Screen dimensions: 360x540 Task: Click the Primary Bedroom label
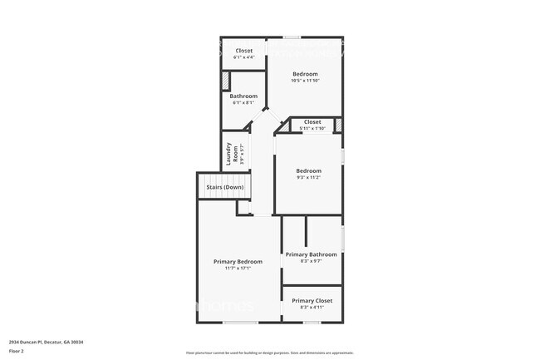[x=238, y=261]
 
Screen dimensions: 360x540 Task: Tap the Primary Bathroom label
[x=311, y=254]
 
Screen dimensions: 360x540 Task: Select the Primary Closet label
[x=312, y=300]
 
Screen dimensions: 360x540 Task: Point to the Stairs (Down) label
[x=225, y=188]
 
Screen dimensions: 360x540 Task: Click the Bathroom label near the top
[x=243, y=96]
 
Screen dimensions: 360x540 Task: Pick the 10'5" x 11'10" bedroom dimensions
[x=304, y=81]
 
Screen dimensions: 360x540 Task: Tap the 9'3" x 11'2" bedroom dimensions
[x=308, y=177]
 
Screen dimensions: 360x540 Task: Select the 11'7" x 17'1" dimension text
[x=238, y=268]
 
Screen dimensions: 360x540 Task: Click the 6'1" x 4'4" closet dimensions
[x=243, y=57]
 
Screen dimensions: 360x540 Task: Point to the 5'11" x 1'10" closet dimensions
[x=312, y=128]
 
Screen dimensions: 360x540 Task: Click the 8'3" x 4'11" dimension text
[x=312, y=307]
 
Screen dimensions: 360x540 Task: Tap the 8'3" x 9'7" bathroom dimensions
[x=311, y=260]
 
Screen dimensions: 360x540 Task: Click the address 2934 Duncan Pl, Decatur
[x=47, y=342]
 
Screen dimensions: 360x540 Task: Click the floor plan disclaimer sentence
[x=270, y=353]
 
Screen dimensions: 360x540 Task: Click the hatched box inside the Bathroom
[x=224, y=81]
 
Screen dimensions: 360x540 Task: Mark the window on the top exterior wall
[x=292, y=37]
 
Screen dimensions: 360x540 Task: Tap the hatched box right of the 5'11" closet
[x=337, y=126]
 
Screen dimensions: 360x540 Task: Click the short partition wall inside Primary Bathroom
[x=306, y=231]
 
